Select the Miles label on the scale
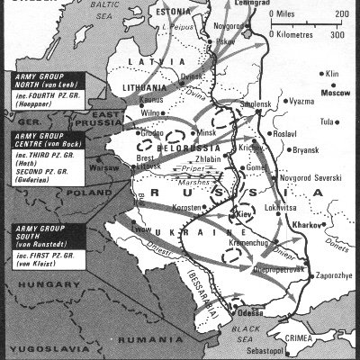[300, 14]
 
